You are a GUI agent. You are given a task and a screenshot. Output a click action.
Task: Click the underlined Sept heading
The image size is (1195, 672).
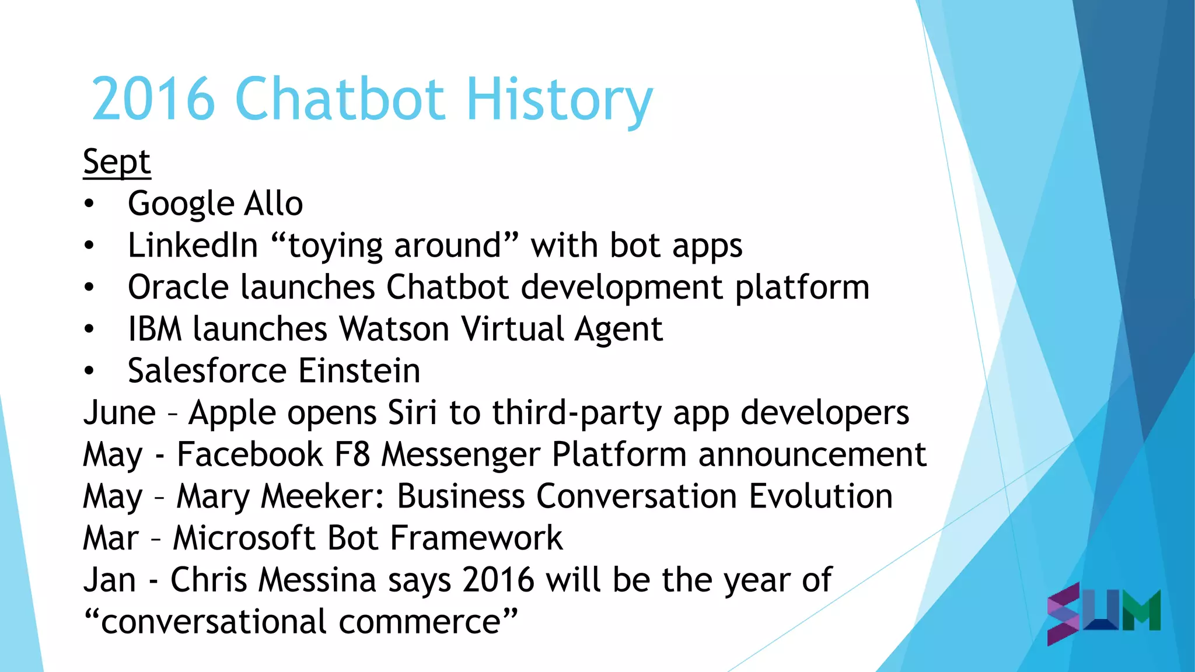coord(117,162)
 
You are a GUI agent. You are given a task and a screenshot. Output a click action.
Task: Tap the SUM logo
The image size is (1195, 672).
coord(1103,612)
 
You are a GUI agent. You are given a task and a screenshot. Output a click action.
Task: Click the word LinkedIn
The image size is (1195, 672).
coord(193,246)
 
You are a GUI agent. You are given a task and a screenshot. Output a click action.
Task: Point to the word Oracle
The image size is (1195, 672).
coord(178,288)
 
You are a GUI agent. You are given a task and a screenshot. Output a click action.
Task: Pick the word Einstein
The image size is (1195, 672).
coord(359,371)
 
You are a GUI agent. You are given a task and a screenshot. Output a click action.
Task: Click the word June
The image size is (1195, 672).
coord(120,413)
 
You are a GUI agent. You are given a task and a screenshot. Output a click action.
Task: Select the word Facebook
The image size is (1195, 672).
coord(250,454)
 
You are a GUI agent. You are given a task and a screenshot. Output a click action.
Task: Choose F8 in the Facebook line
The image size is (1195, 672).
coord(352,454)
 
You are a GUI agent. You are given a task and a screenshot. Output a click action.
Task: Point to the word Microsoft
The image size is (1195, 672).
coord(244,538)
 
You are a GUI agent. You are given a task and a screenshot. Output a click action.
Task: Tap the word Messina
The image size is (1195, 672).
coord(317,580)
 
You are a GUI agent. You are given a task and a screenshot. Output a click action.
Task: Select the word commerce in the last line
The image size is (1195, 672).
coord(420,622)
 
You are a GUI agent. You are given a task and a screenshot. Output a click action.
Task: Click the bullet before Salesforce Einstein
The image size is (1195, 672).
coord(89,371)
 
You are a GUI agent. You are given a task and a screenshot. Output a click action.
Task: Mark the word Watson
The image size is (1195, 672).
coord(394,330)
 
